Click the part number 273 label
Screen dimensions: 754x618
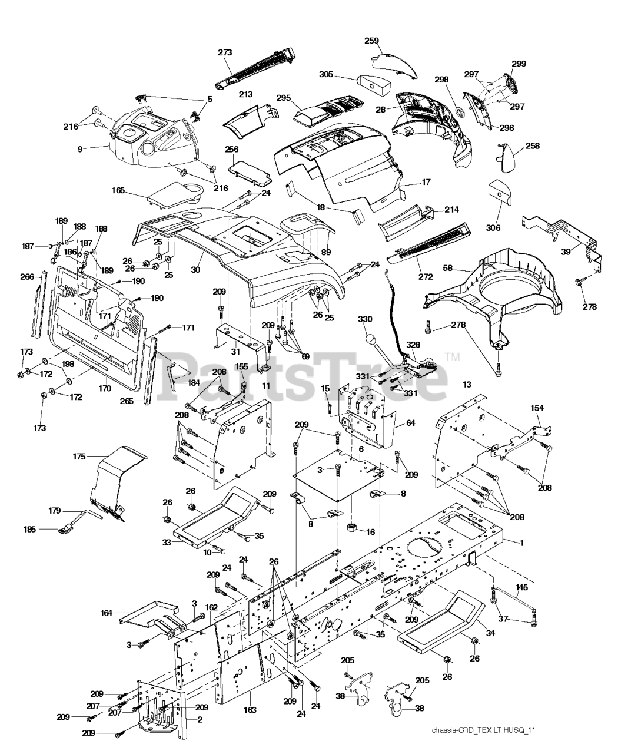(225, 52)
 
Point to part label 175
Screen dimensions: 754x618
(79, 457)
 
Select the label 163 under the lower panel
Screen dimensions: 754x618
(250, 710)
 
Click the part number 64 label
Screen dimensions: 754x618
(410, 422)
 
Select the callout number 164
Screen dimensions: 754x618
(107, 613)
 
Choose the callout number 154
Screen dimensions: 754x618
(537, 408)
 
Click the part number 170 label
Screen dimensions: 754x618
(104, 388)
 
